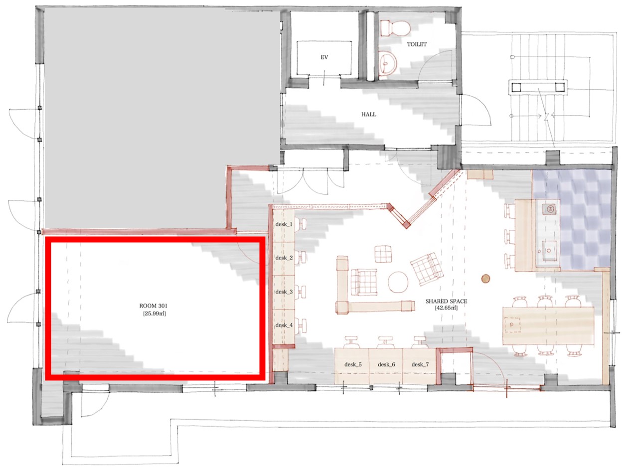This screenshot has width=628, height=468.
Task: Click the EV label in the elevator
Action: [x=324, y=57]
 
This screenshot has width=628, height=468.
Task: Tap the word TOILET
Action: [x=417, y=44]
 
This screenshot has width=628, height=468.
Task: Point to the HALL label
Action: [x=368, y=115]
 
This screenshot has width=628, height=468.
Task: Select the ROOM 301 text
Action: [x=154, y=306]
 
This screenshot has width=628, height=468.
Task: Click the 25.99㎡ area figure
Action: [x=155, y=313]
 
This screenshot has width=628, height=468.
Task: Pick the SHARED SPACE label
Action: [x=446, y=301]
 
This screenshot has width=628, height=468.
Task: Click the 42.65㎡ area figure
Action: [x=446, y=308]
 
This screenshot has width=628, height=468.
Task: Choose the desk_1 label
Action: [x=284, y=224]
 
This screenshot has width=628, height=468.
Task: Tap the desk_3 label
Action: [x=284, y=292]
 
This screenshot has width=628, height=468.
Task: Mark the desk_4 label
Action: [x=284, y=325]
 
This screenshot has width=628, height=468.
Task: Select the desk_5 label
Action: [x=353, y=364]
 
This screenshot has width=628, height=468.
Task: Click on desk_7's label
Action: [x=420, y=364]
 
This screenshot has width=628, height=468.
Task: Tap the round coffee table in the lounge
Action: [x=398, y=282]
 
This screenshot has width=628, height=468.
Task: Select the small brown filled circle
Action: [x=485, y=278]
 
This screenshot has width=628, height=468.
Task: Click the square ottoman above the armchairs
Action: [x=383, y=254]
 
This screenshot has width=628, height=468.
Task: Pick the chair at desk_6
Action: [x=386, y=342]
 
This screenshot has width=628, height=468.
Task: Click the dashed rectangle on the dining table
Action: [x=513, y=324]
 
